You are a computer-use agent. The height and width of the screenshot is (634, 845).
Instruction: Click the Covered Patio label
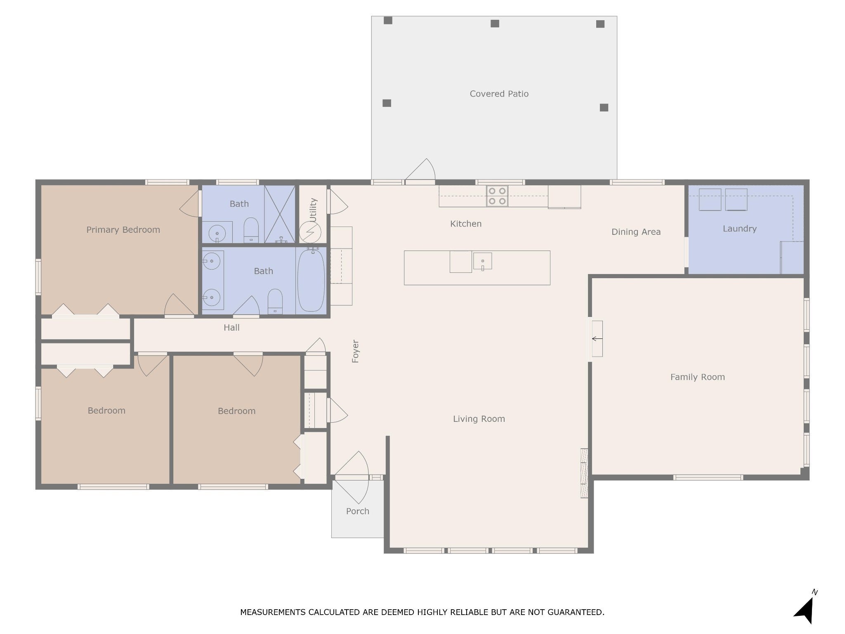(499, 94)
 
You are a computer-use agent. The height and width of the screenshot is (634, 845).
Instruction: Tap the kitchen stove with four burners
(497, 196)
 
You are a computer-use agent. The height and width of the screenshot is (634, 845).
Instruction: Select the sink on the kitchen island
(482, 261)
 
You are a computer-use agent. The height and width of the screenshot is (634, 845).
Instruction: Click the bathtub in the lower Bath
(311, 280)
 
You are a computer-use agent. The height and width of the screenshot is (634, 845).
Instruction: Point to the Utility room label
(313, 210)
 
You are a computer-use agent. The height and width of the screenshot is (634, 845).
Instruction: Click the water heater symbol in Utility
(310, 232)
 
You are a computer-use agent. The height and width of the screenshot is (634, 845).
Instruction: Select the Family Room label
(697, 377)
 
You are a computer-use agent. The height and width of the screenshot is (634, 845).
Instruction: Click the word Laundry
(739, 229)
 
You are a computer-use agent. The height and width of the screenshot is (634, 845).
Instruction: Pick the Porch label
(357, 511)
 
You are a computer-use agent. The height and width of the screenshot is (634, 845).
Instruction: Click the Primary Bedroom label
(123, 230)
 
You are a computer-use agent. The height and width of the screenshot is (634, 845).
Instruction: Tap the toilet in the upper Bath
(251, 230)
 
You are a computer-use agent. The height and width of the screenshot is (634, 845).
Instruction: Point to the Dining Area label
(636, 232)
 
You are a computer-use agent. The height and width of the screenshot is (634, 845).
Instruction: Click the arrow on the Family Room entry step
(597, 339)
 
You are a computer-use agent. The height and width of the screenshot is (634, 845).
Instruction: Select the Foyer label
(355, 351)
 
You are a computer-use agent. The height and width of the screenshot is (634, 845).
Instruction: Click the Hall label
(231, 328)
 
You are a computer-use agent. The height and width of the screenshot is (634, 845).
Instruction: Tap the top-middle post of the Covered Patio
(495, 24)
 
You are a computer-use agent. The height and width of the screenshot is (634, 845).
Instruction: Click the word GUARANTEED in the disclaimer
(575, 612)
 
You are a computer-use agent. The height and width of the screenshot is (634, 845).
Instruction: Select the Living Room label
(479, 419)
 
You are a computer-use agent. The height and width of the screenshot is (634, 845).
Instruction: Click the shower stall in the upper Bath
(280, 214)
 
